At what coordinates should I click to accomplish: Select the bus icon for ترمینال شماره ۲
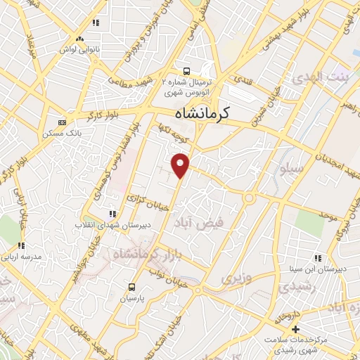(x=186, y=70)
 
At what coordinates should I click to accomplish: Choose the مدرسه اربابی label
(x=21, y=257)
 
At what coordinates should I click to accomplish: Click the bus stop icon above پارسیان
(x=131, y=286)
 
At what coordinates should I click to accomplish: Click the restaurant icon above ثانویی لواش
(x=79, y=39)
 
